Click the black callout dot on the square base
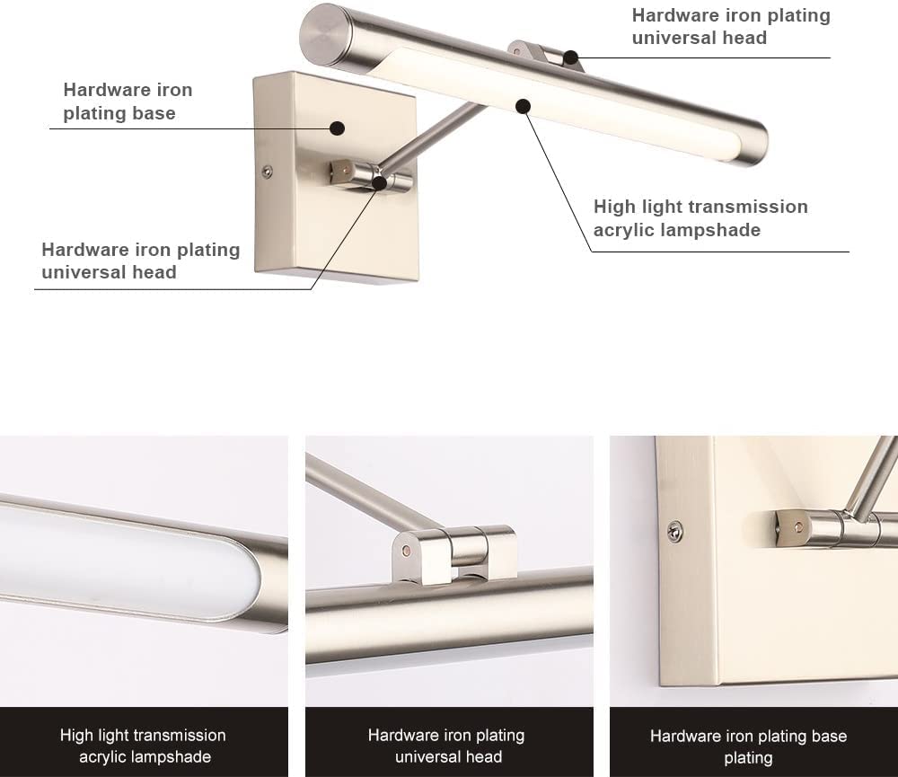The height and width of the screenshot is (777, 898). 338,128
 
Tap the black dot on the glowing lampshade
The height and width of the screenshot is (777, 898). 524,106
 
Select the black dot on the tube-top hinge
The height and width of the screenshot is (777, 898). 570,58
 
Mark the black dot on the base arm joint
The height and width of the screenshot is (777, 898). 380,182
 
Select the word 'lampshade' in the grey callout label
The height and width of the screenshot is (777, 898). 710,230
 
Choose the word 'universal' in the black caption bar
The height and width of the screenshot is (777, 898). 427,756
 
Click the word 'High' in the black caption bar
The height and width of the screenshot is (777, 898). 76,736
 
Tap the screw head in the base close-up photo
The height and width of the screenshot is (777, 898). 674,532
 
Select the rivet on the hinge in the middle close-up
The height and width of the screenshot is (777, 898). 408,546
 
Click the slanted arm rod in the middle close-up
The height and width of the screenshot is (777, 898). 359,490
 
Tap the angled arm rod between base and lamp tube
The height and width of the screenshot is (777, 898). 431,140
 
